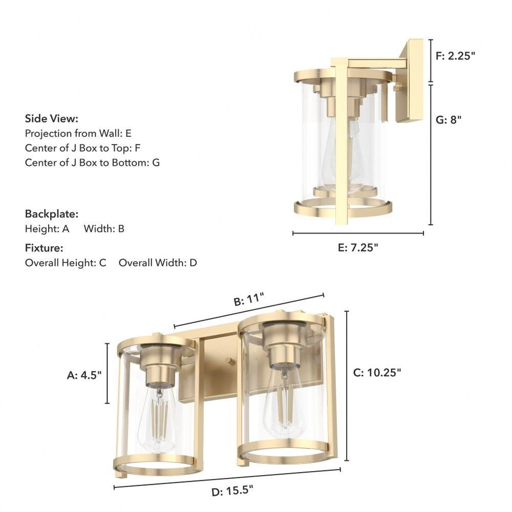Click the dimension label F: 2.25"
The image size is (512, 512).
pos(455,56)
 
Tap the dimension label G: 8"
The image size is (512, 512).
pos(449,120)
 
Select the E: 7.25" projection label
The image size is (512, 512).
pos(358,247)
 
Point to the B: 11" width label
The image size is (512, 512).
pos(249,299)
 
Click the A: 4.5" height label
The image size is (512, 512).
pos(84,375)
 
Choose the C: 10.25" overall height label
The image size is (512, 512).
pos(377,372)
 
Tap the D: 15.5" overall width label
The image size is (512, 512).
pos(232,491)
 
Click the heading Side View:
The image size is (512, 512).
pos(52,119)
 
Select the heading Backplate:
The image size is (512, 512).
pos(52,214)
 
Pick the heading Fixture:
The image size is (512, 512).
pos(44,248)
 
